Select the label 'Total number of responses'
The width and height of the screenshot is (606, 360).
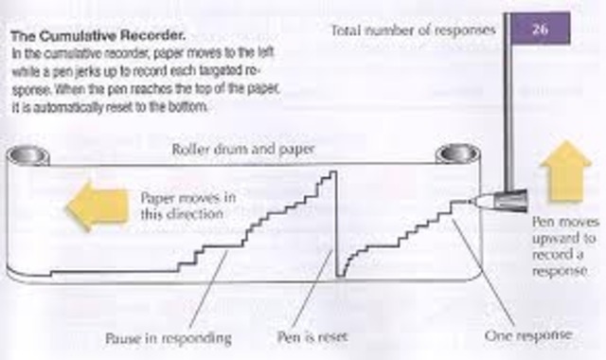[x=413, y=30]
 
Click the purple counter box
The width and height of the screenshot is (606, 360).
[x=542, y=30]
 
